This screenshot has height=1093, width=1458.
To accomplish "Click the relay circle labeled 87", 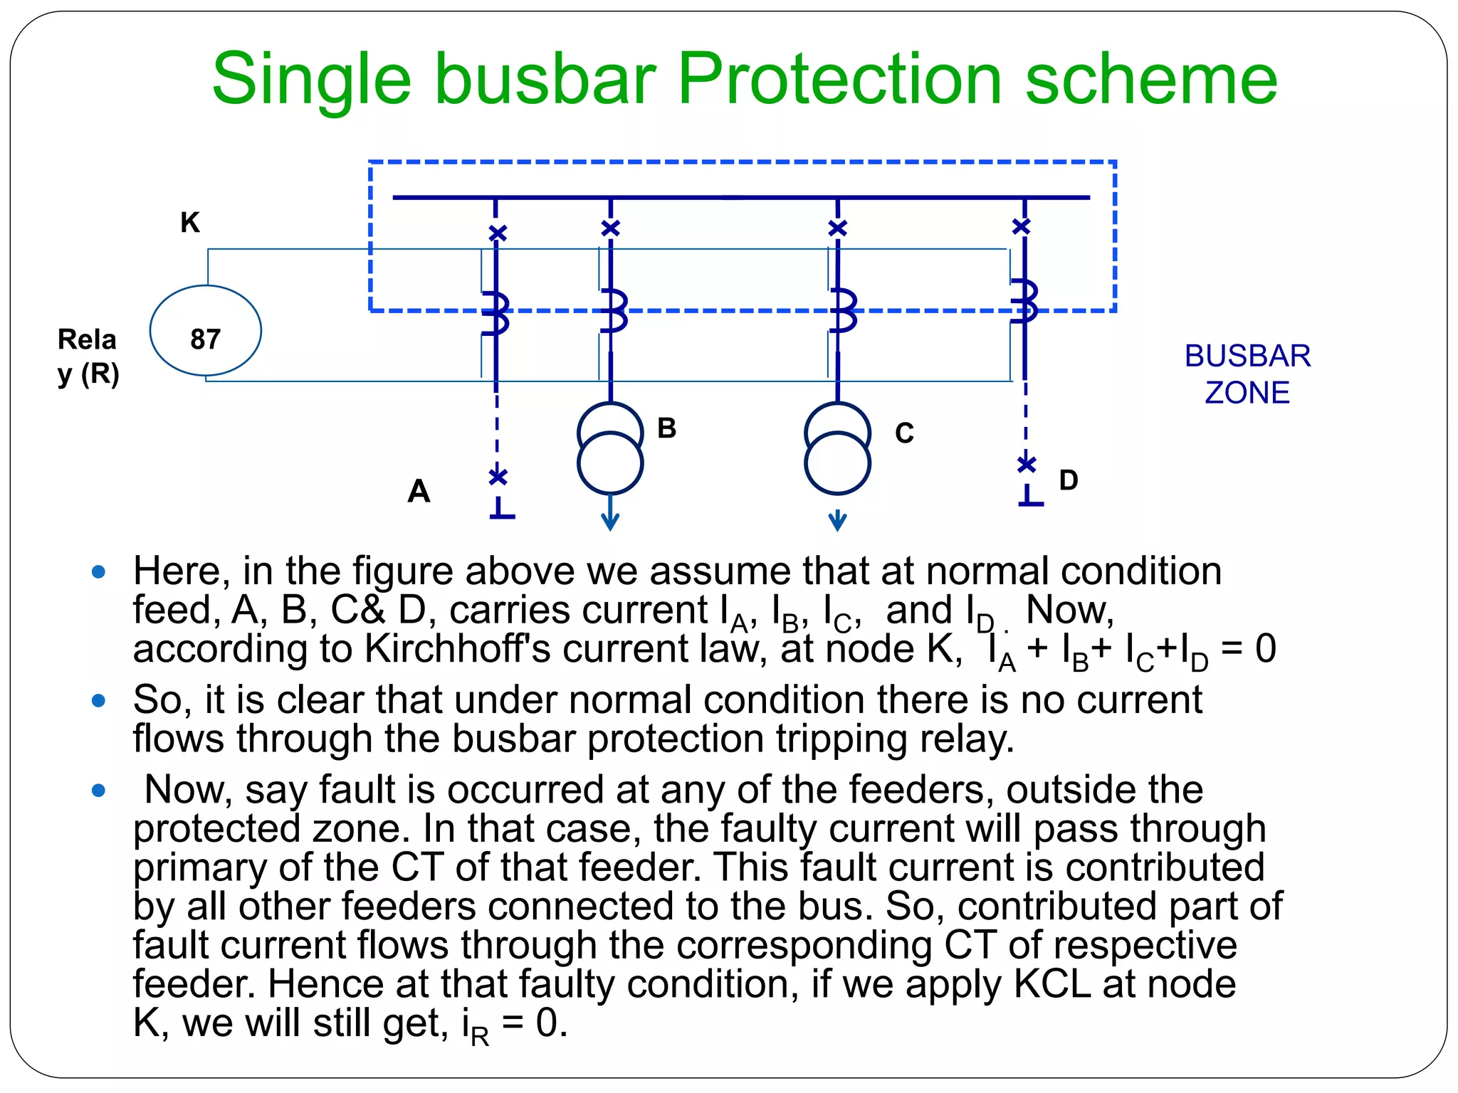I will click(205, 331).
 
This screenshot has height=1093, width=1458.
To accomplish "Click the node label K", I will click(190, 223).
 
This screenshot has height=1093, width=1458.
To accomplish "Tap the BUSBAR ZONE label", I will click(1247, 374).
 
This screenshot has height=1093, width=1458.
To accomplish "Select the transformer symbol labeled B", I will click(610, 448).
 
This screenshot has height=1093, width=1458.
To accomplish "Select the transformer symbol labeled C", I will click(837, 448).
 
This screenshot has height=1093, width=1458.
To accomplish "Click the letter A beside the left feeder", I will click(419, 491).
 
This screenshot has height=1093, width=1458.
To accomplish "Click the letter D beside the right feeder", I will click(1068, 480).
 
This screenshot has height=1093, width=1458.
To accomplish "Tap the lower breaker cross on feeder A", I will click(498, 476).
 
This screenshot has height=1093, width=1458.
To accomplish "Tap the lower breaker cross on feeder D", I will click(1027, 464).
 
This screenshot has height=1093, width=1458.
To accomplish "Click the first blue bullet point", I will click(99, 571).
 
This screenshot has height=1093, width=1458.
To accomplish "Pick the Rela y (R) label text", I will click(88, 357).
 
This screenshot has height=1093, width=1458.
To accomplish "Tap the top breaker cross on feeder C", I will click(838, 228).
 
